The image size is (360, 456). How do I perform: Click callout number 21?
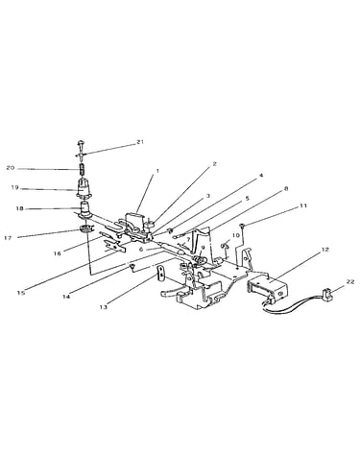click(139, 142)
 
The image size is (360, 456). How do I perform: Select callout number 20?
click(11, 167)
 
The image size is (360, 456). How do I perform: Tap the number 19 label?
click(15, 187)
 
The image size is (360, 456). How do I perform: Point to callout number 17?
click(9, 237)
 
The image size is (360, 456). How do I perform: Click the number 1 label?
click(157, 171)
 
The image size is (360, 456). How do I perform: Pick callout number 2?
click(214, 164)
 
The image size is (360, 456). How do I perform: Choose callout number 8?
click(286, 188)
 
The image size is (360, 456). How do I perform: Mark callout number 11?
click(303, 205)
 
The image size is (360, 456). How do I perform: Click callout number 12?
click(324, 250)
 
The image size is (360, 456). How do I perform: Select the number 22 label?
click(350, 281)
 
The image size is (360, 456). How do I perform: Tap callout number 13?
click(104, 307)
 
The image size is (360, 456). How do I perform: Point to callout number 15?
click(21, 293)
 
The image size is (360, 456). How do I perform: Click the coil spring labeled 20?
click(83, 170)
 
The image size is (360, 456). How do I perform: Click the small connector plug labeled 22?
click(326, 292)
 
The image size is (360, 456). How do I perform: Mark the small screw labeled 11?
click(244, 227)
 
